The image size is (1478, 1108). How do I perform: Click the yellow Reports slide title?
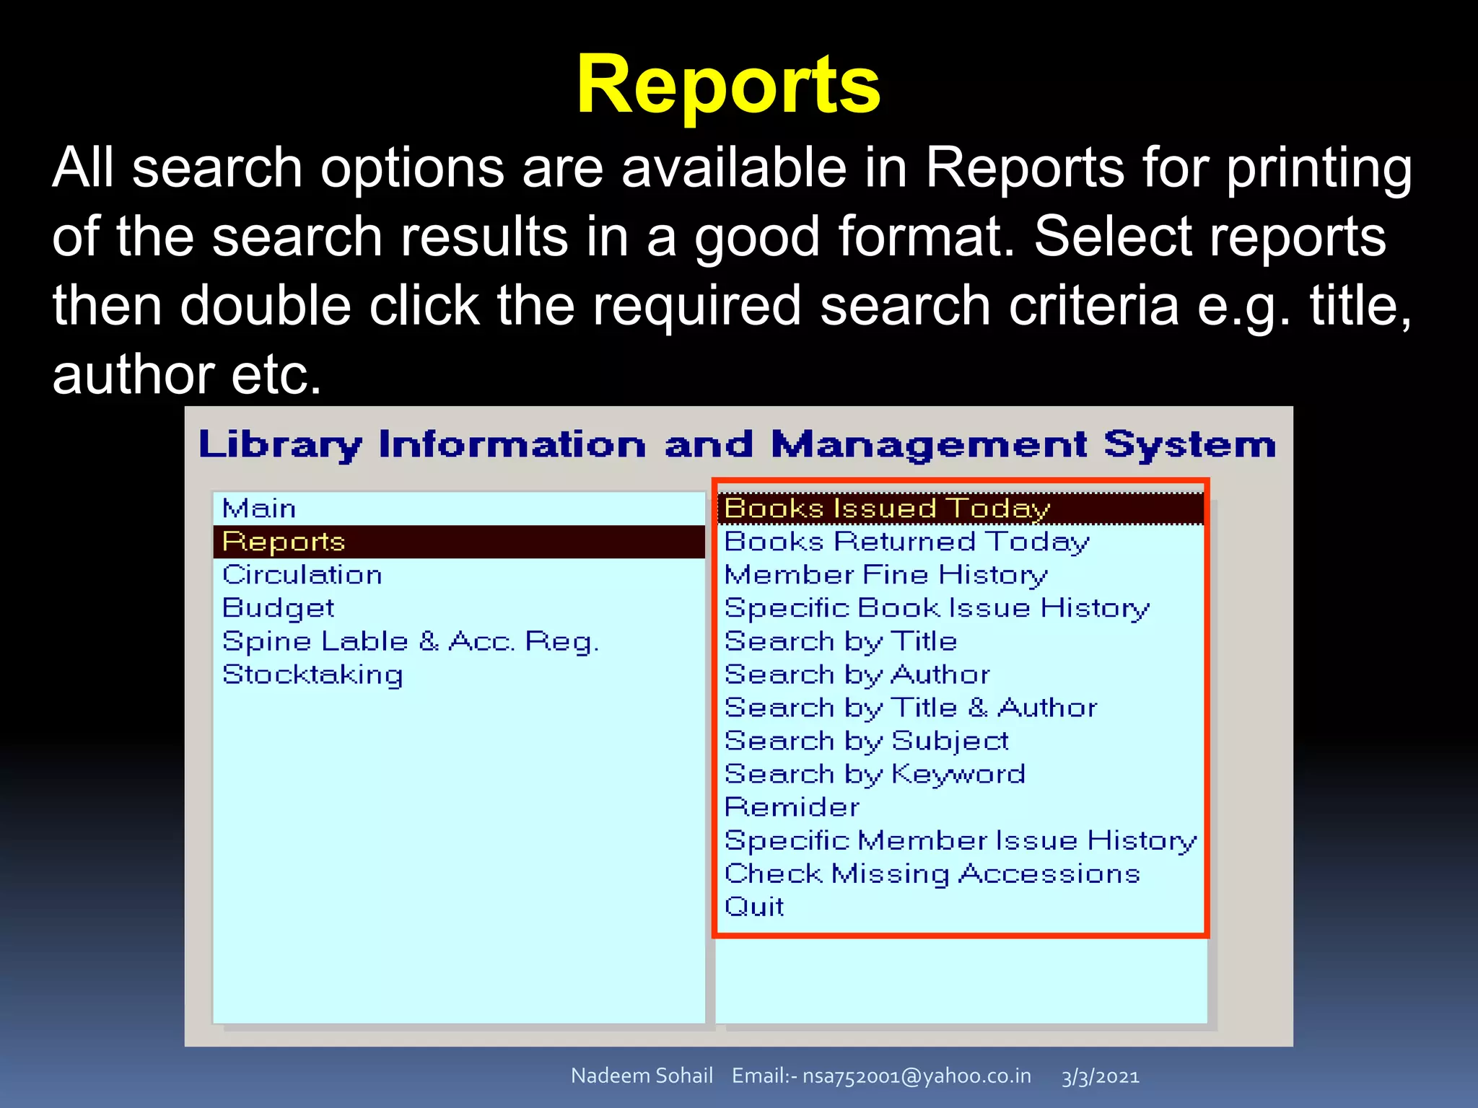click(728, 86)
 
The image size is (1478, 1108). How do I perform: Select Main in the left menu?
click(259, 509)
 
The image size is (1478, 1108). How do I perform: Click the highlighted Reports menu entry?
click(284, 542)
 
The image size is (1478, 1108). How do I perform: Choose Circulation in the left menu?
click(302, 575)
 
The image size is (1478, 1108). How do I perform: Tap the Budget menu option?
click(278, 608)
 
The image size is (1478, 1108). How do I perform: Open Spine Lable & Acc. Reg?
click(410, 641)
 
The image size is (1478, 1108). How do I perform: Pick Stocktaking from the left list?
click(312, 674)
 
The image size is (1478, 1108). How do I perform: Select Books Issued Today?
click(887, 509)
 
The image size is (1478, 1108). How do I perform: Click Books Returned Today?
click(906, 542)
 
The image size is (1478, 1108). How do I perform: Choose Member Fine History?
click(886, 575)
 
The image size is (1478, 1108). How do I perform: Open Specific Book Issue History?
click(937, 608)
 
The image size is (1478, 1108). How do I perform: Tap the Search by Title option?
click(841, 641)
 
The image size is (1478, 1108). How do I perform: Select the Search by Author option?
click(857, 674)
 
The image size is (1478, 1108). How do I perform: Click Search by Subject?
click(866, 741)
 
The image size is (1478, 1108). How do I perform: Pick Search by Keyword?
click(875, 774)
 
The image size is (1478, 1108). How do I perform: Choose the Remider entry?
click(792, 807)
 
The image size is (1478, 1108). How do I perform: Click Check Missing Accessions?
click(932, 874)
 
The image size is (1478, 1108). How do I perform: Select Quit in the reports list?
click(754, 907)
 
